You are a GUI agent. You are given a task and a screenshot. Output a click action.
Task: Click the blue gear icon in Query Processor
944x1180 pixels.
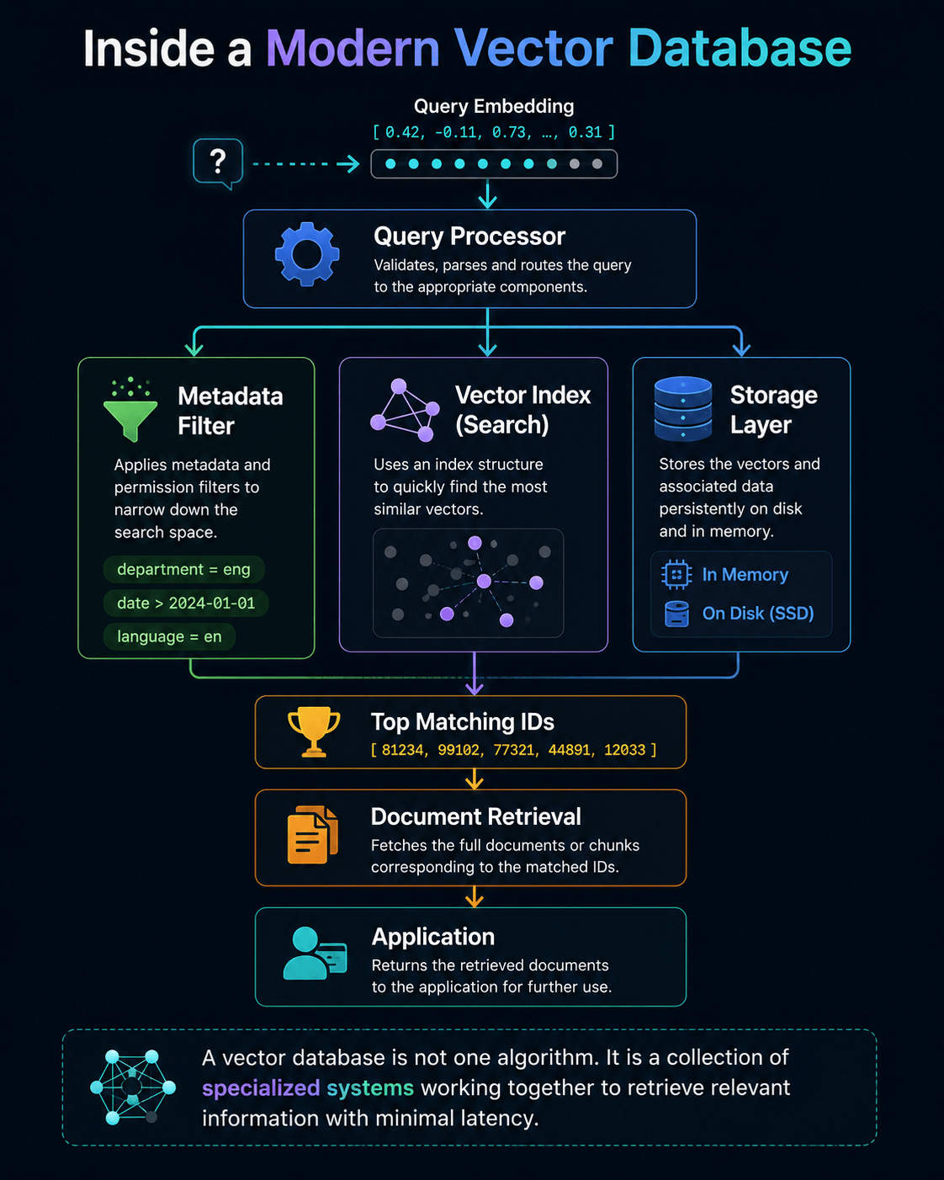(x=307, y=254)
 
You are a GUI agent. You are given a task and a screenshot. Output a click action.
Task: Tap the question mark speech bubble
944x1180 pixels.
(x=218, y=162)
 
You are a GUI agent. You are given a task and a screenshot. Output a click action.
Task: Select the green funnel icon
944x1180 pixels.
(x=130, y=409)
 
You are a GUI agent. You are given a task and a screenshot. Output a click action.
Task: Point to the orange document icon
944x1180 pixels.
(x=312, y=835)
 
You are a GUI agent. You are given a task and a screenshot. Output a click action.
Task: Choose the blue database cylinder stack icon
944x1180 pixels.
(x=683, y=408)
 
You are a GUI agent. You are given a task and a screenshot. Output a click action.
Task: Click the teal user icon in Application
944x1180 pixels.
(x=315, y=953)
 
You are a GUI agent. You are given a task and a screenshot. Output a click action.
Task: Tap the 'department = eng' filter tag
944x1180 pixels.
(x=183, y=569)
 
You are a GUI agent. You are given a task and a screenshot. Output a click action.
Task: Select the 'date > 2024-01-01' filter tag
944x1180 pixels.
(x=186, y=603)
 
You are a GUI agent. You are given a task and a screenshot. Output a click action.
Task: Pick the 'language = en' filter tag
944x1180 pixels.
(x=169, y=636)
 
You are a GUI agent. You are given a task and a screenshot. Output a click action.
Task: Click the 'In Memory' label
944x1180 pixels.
(x=745, y=574)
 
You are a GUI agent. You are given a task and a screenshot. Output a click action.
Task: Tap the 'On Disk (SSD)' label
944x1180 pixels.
(x=758, y=613)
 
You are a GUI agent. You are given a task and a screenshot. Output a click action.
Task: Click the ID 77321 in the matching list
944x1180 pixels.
(x=514, y=750)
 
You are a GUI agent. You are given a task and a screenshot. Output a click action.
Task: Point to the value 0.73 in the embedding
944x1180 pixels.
(x=509, y=132)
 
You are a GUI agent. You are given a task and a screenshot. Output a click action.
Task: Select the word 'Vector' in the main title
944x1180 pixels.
(x=533, y=49)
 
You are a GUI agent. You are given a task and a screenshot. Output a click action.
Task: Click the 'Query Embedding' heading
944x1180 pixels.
(x=494, y=106)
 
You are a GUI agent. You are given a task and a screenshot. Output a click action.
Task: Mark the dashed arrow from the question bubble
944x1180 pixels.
(x=306, y=163)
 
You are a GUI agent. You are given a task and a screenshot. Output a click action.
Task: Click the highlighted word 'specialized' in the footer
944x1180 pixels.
(x=261, y=1088)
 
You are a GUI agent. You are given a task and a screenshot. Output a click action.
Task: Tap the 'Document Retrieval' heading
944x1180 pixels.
(x=476, y=816)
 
